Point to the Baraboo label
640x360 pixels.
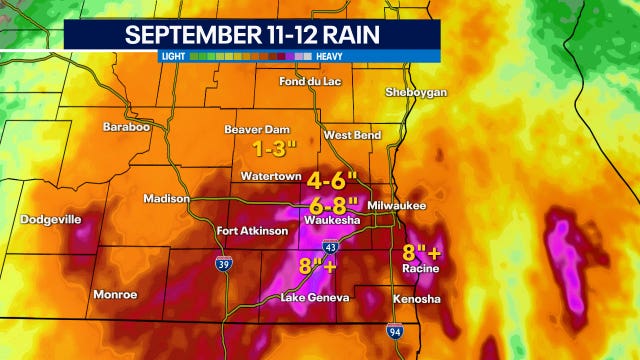tap(126, 127)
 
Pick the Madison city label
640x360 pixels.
tap(165, 198)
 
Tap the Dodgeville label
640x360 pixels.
tap(52, 218)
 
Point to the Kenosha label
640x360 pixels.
tap(415, 299)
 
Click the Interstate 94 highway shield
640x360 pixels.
tap(396, 331)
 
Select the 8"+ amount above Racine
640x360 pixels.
tap(421, 252)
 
